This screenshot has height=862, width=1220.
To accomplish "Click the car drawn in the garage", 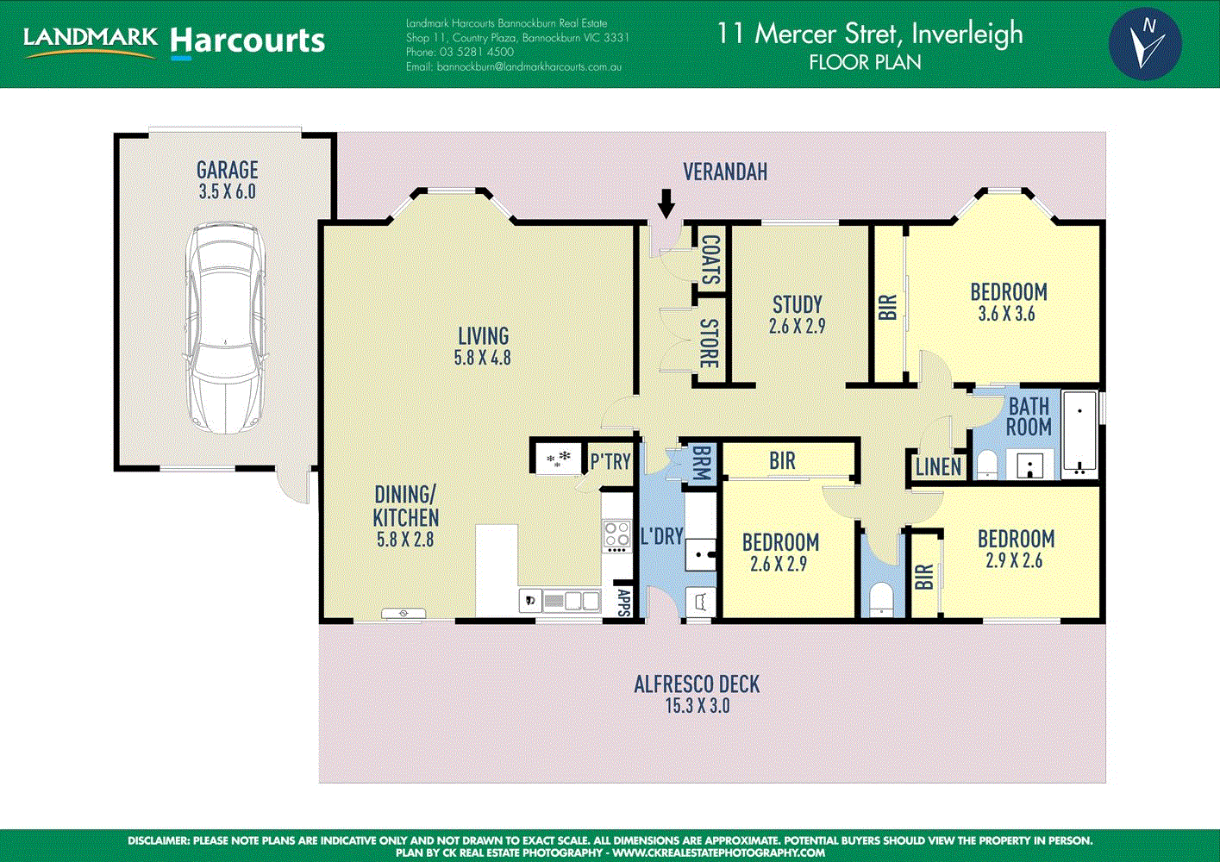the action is click(x=226, y=328).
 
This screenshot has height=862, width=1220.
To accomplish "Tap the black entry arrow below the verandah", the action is click(x=666, y=203).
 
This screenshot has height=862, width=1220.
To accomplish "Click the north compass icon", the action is click(x=1145, y=44).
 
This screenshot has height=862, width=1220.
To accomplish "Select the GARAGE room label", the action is click(x=227, y=170).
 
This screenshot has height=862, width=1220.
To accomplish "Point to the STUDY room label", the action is click(x=798, y=304).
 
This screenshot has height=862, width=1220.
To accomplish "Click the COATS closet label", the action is click(x=711, y=259).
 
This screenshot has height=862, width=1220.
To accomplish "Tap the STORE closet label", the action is click(x=709, y=343).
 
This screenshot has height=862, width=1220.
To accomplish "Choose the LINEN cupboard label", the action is click(x=938, y=467).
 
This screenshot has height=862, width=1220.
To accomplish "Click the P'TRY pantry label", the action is click(x=610, y=462).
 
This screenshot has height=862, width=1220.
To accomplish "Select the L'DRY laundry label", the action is click(x=661, y=536).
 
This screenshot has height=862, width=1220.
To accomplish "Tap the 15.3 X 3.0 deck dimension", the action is click(x=698, y=706).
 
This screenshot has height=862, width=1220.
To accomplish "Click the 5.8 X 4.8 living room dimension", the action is click(x=483, y=357).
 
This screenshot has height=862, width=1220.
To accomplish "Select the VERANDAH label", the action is click(x=725, y=172).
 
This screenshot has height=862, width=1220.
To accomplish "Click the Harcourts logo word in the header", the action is click(x=247, y=41).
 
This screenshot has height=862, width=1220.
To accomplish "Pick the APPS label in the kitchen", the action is click(x=624, y=603).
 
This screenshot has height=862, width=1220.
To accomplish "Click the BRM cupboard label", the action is click(x=700, y=463).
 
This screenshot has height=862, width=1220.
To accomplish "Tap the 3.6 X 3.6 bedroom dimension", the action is click(x=1006, y=314).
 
